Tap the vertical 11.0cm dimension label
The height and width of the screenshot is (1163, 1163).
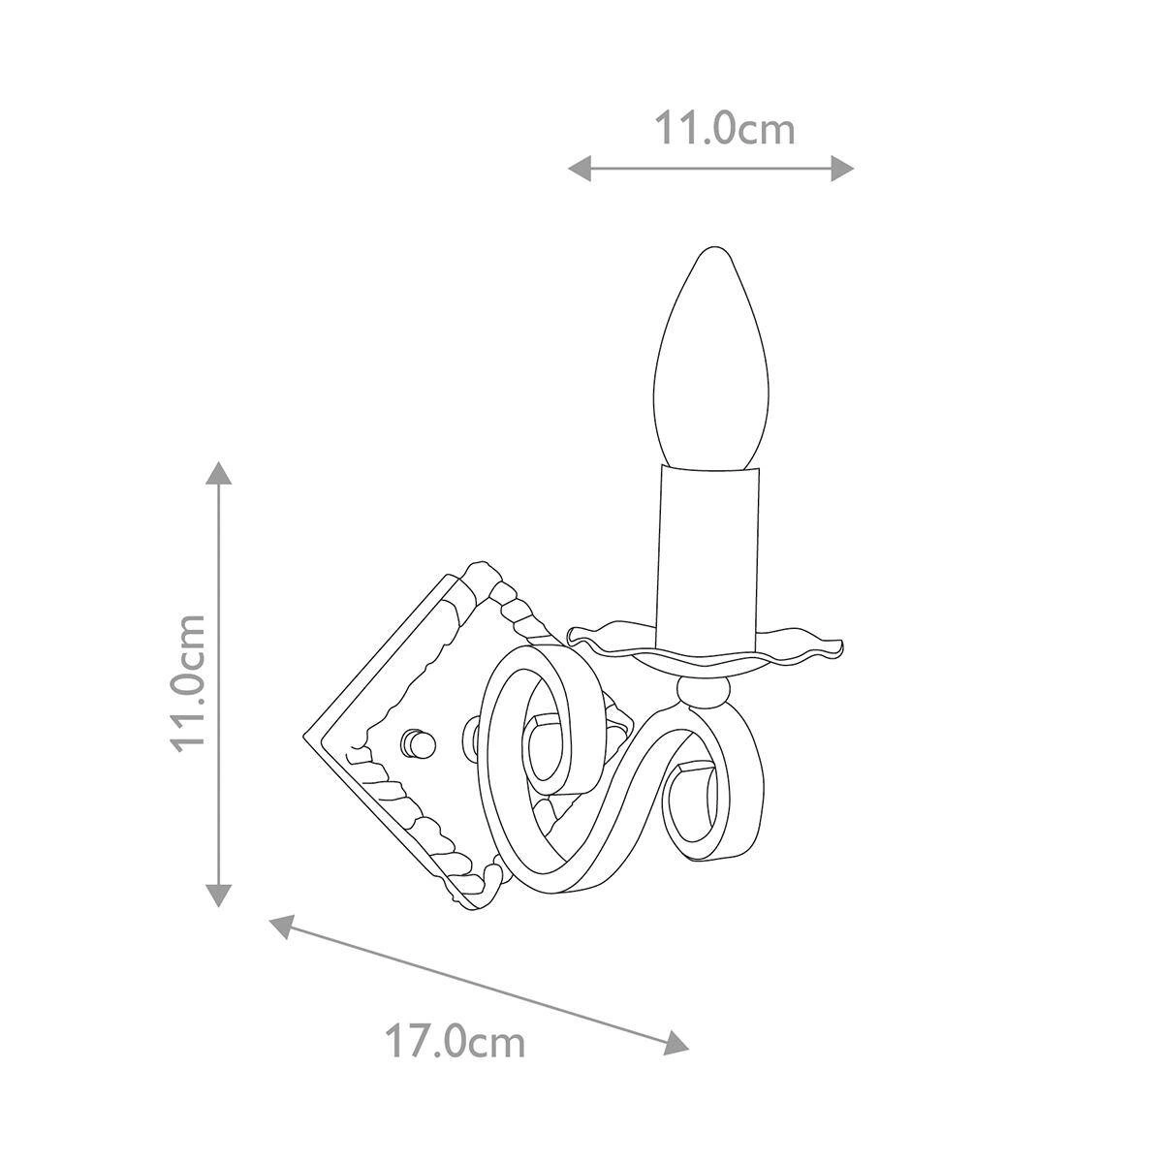click(188, 684)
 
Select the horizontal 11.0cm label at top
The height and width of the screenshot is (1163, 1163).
click(725, 129)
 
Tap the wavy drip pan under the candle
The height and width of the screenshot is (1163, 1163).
click(706, 653)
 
